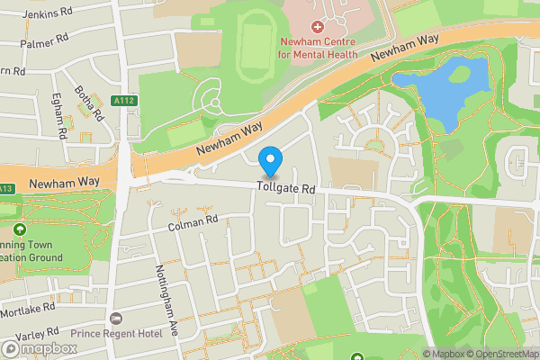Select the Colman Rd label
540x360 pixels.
click(193, 221)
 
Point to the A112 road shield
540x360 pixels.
click(125, 102)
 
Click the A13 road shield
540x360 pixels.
click(5, 188)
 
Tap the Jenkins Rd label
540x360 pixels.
click(47, 13)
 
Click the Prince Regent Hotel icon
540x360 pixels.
click(116, 319)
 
